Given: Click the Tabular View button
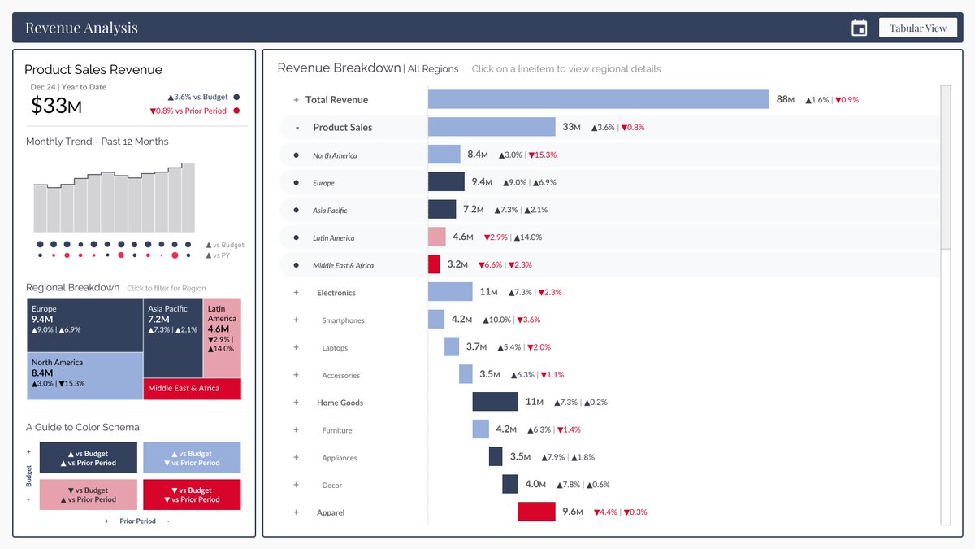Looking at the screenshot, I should [917, 28].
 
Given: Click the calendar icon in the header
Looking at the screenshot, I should [859, 28].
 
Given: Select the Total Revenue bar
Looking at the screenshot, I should [598, 99].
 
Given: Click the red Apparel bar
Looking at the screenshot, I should [536, 512].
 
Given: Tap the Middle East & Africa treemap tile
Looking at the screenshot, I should [193, 389].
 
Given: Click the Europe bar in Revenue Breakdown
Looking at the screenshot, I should [446, 182].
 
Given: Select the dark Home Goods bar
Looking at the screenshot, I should [495, 402].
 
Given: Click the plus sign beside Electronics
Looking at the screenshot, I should [297, 293].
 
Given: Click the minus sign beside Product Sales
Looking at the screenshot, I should [297, 128].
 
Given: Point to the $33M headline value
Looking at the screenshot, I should [56, 106].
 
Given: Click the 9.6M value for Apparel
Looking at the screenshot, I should [572, 512].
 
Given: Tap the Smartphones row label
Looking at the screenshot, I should [343, 320].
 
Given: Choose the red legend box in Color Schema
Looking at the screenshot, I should [192, 495].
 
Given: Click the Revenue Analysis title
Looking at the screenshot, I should [81, 28].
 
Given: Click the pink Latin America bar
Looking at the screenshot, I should [437, 237].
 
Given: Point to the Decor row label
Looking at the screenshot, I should [331, 486].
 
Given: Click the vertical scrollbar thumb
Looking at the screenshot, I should [945, 167].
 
